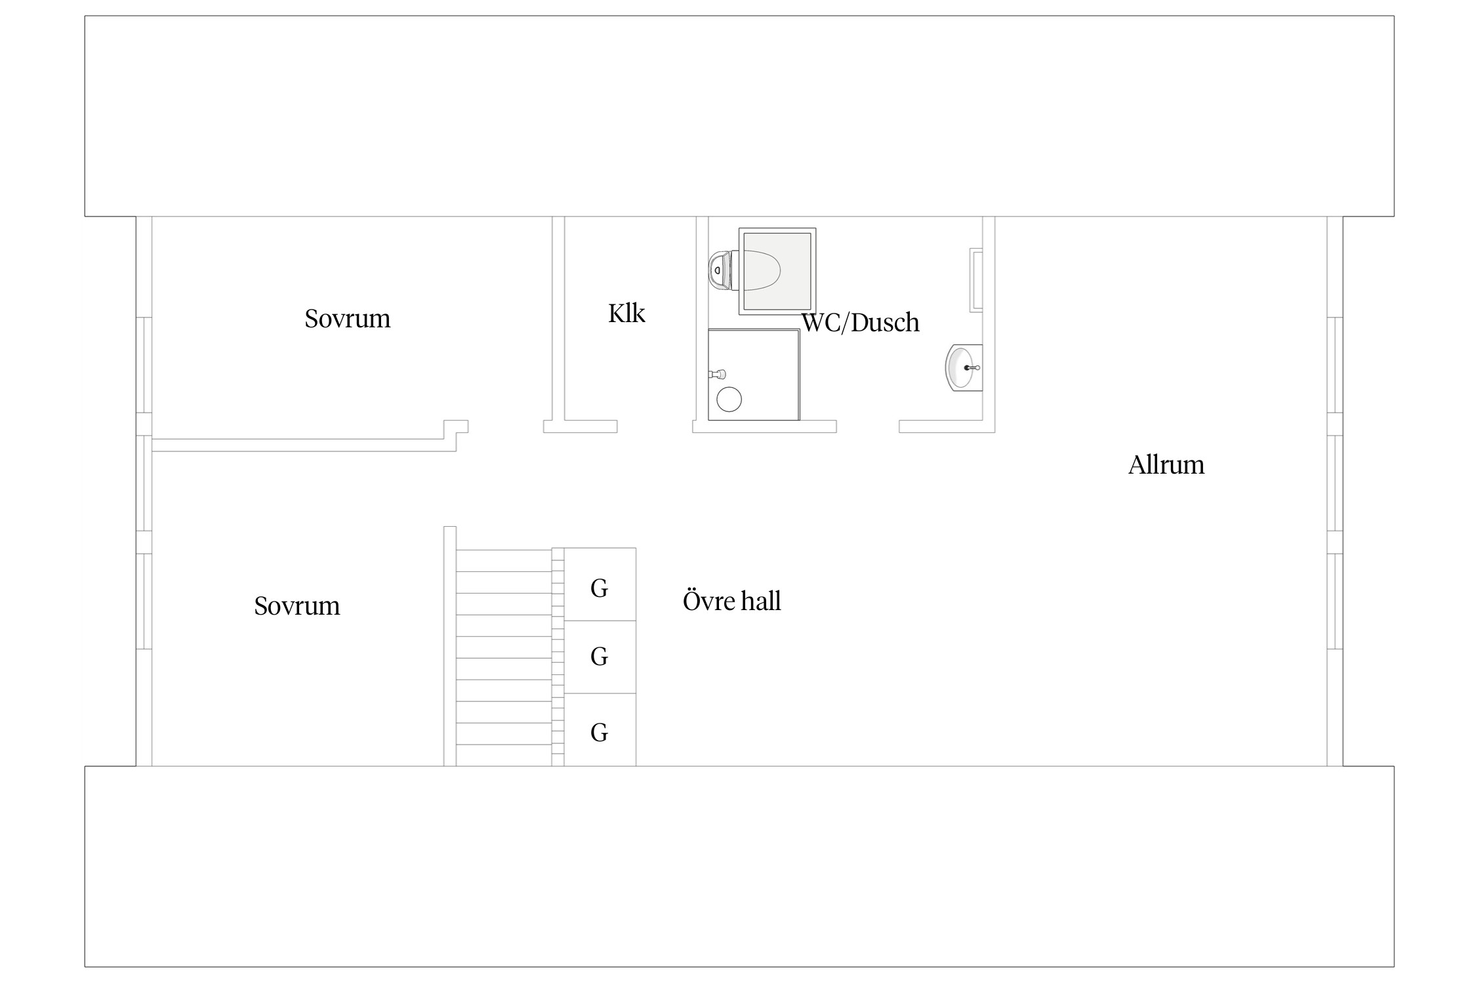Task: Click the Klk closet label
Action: click(626, 314)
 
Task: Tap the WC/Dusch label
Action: click(861, 322)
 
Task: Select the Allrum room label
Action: click(1166, 465)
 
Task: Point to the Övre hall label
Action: click(732, 601)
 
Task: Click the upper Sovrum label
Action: click(348, 319)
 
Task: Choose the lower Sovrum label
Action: click(297, 606)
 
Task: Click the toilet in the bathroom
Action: click(745, 270)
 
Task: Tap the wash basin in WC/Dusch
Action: click(964, 367)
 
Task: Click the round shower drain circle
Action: click(729, 400)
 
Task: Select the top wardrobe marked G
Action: click(600, 584)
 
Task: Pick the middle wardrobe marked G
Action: click(600, 657)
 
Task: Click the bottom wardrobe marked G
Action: click(600, 729)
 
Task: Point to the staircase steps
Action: click(504, 657)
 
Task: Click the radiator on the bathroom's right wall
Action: click(976, 280)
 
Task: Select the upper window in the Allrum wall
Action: click(1335, 365)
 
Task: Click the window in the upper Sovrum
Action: click(144, 365)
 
